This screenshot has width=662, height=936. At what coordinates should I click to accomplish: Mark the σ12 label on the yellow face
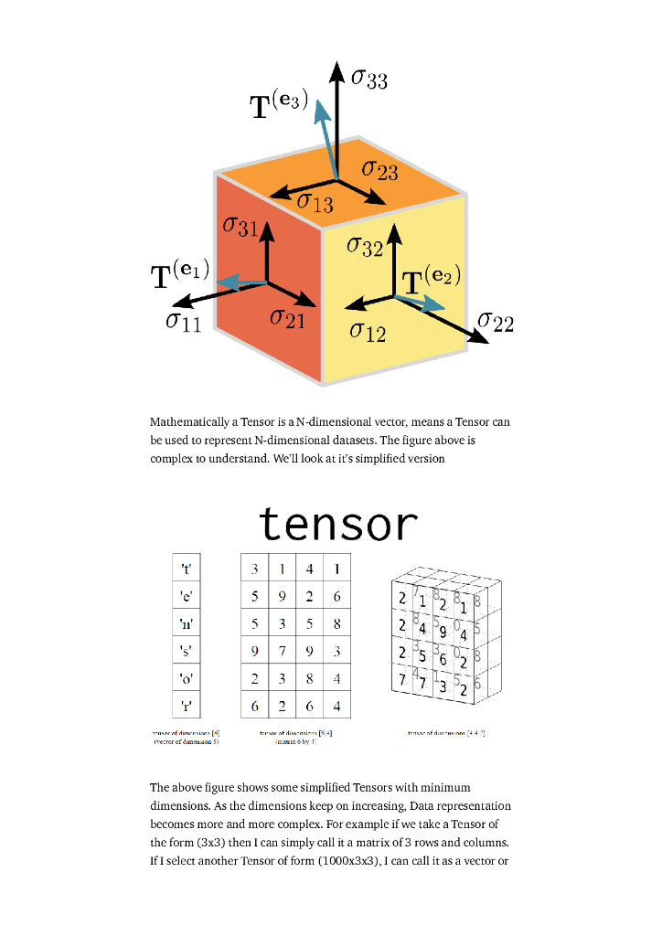click(368, 332)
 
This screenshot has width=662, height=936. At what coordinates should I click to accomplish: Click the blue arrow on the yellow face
click(422, 303)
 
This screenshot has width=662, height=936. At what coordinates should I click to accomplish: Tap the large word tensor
click(338, 524)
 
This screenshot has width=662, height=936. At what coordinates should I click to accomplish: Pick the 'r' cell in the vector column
click(187, 705)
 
